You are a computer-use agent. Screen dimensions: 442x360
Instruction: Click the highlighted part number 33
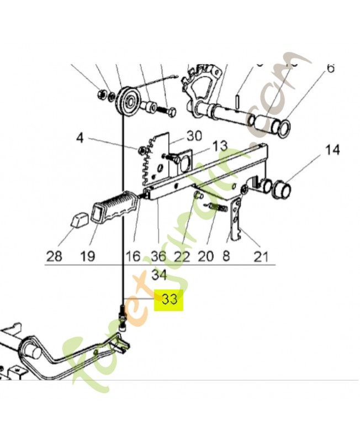point(169,299)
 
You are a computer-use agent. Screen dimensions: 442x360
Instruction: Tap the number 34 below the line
point(158,275)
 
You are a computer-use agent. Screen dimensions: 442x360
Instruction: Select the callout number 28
point(54,256)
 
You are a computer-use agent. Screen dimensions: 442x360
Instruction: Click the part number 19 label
point(87,256)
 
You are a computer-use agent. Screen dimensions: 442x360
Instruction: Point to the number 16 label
point(133,256)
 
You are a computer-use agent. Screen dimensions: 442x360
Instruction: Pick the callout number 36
point(158,256)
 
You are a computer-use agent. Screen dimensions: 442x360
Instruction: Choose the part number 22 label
point(182,256)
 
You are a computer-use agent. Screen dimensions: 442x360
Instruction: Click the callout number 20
point(205,256)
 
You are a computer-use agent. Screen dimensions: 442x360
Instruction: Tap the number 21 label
point(261,256)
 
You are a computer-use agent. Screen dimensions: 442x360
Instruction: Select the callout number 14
point(332,150)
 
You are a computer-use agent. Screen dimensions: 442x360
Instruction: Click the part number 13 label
point(219,146)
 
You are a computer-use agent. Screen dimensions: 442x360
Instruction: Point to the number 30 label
point(194,135)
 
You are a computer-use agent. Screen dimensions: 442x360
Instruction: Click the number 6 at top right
point(330,68)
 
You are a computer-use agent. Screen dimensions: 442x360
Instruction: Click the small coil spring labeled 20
point(218,208)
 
